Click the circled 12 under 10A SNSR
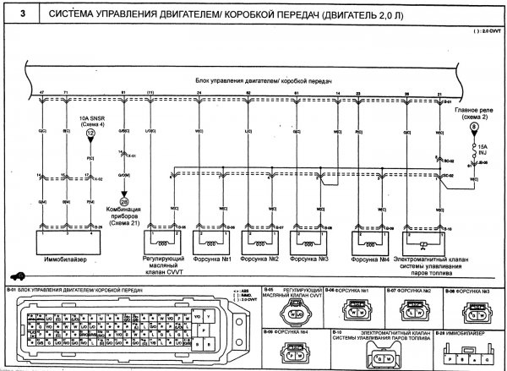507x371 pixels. (x=90, y=134)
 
